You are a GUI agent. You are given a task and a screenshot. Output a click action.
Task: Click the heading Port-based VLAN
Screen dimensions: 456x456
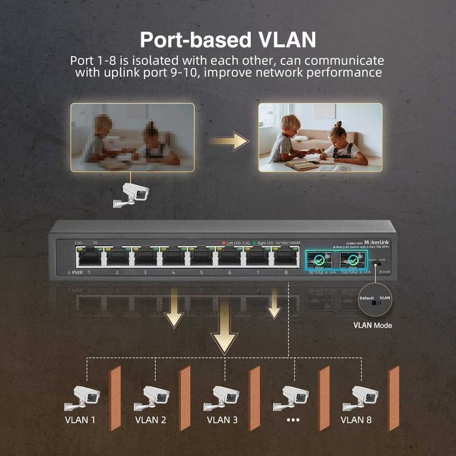click(228, 39)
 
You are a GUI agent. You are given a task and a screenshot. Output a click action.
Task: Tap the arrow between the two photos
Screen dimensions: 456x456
click(231, 140)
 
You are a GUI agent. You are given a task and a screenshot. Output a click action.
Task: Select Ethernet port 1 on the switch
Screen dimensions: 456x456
click(89, 257)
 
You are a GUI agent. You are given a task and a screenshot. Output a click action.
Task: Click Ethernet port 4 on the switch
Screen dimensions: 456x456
click(173, 257)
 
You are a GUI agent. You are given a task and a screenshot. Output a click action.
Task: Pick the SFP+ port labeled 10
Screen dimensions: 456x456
click(352, 260)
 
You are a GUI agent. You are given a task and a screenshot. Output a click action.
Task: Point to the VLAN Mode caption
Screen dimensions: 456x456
click(373, 324)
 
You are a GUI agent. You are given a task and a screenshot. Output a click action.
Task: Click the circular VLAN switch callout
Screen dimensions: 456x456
click(373, 299)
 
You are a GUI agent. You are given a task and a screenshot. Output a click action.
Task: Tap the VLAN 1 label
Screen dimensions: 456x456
click(80, 420)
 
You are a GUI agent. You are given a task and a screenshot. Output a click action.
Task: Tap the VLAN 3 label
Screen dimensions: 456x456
click(221, 420)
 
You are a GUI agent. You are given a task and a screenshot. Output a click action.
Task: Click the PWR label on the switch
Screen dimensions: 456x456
click(76, 272)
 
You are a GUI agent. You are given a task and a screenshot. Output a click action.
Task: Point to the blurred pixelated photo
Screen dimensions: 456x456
click(132, 137)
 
